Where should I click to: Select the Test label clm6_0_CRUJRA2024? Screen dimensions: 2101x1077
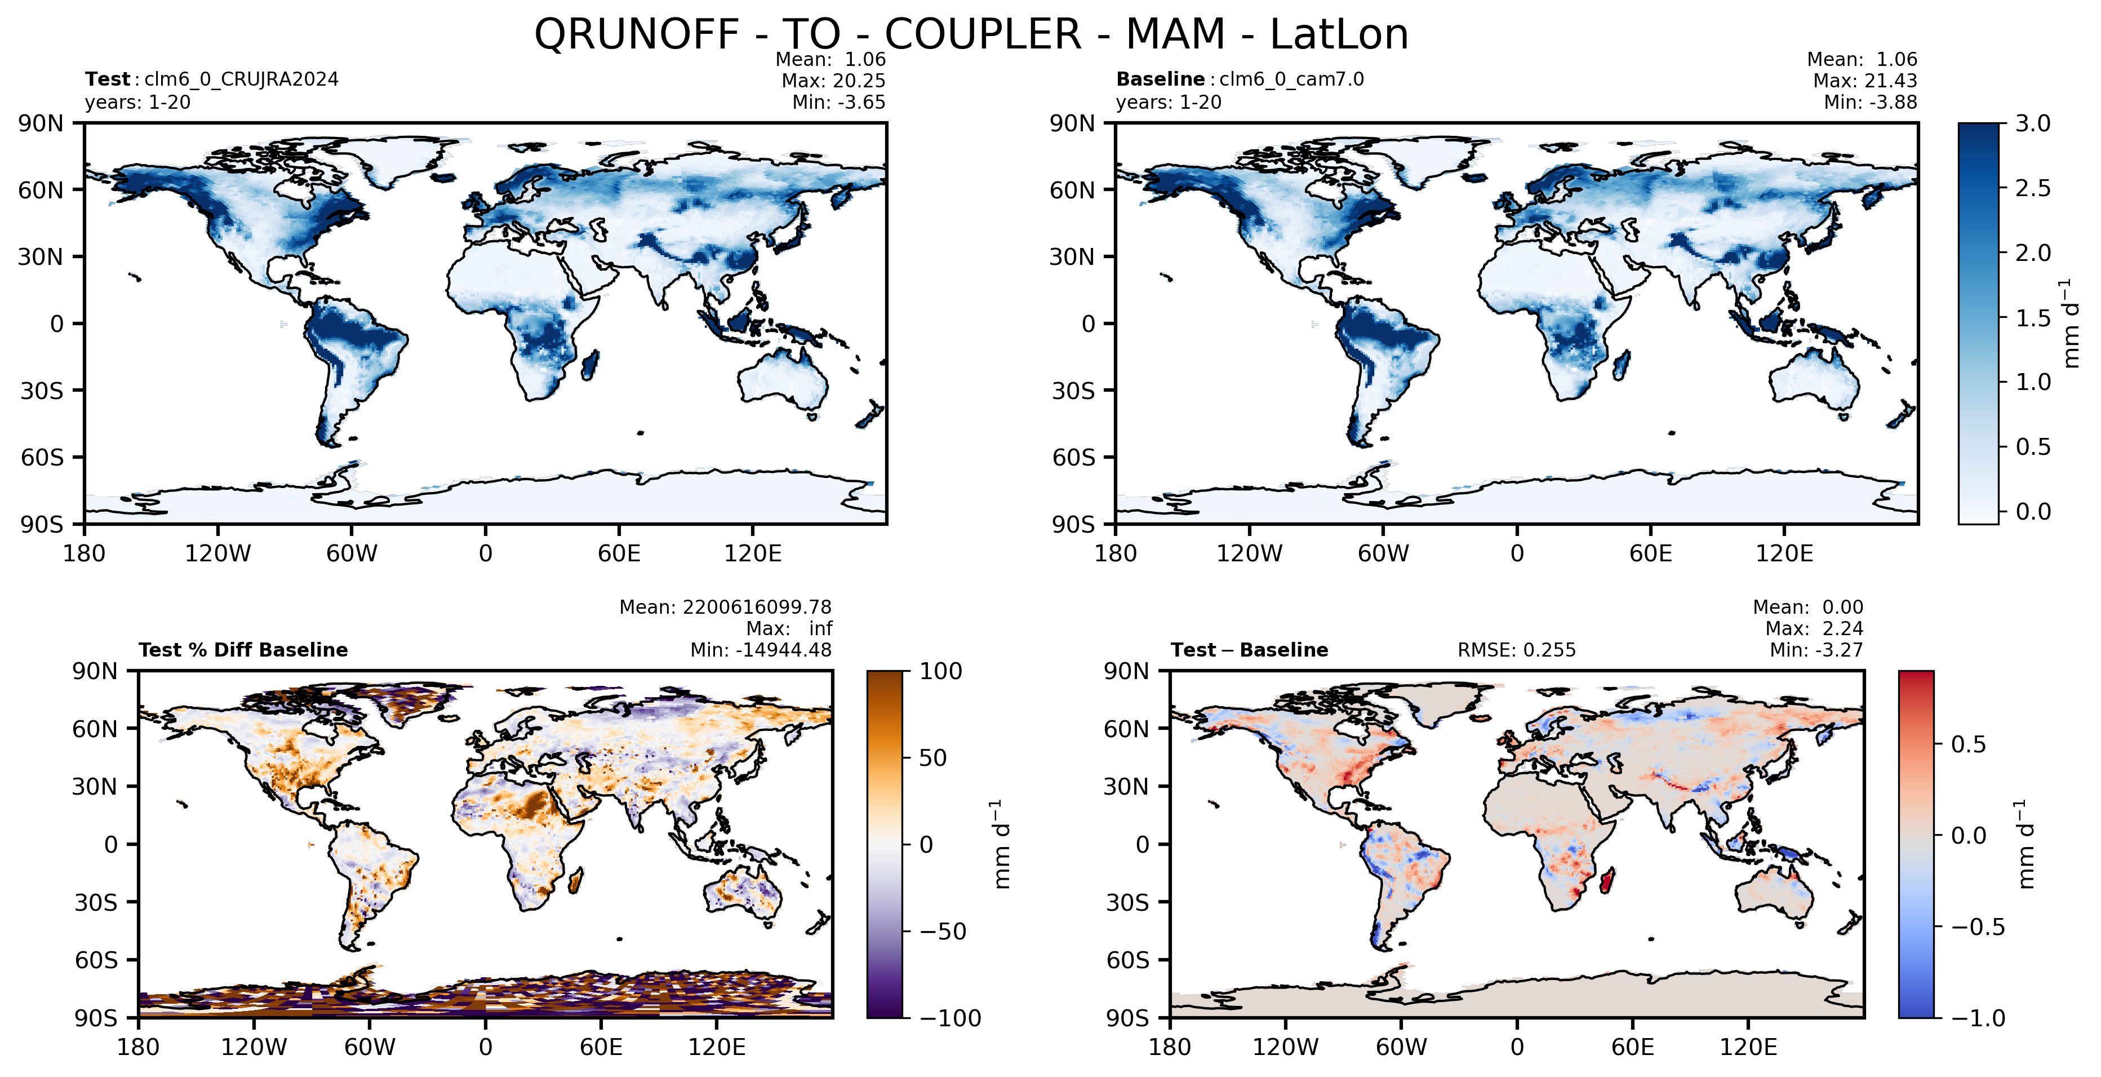coord(241,79)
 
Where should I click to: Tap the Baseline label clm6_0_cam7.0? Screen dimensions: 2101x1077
coord(1291,79)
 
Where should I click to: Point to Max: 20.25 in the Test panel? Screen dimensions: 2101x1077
coord(833,81)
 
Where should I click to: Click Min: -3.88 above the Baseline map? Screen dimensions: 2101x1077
coord(1870,102)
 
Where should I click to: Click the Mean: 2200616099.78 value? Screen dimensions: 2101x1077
coord(725,607)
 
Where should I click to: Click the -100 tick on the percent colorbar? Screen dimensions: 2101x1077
coord(950,1017)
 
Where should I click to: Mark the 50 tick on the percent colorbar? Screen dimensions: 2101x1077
coord(933,758)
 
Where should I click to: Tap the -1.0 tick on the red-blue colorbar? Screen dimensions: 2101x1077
coord(1978,1017)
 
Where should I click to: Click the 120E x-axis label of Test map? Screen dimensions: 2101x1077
coord(753,553)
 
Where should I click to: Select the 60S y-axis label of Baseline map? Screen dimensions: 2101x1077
coord(1073,457)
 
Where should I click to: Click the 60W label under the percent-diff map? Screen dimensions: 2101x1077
coord(370,1047)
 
